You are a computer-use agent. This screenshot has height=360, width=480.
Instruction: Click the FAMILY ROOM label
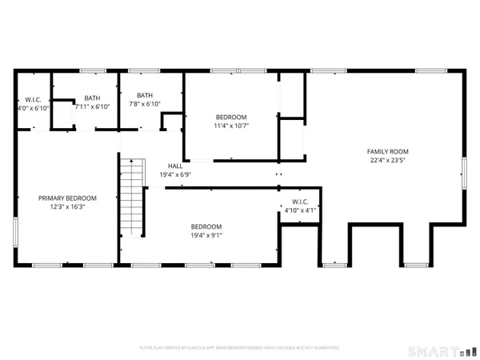(x=387, y=151)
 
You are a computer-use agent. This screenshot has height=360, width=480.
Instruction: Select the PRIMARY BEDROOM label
(x=68, y=198)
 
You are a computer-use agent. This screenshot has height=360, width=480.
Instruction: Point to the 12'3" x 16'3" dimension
(x=68, y=206)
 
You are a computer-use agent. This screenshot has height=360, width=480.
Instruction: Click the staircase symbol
(x=132, y=196)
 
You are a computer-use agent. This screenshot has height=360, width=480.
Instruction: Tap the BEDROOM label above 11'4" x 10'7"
(x=231, y=117)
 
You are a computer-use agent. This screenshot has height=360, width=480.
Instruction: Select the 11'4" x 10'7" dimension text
(x=231, y=126)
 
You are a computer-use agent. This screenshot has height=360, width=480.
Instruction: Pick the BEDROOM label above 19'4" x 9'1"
(x=206, y=226)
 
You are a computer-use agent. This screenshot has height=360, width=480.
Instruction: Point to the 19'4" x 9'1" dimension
(x=206, y=235)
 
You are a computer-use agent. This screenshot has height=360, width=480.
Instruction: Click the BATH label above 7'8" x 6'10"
(x=145, y=94)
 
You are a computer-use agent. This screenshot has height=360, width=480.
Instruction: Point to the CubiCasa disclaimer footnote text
(x=239, y=348)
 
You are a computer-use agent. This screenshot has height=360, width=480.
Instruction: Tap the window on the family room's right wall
(x=464, y=171)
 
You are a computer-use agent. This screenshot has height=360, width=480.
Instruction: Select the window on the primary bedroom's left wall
(x=16, y=231)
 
